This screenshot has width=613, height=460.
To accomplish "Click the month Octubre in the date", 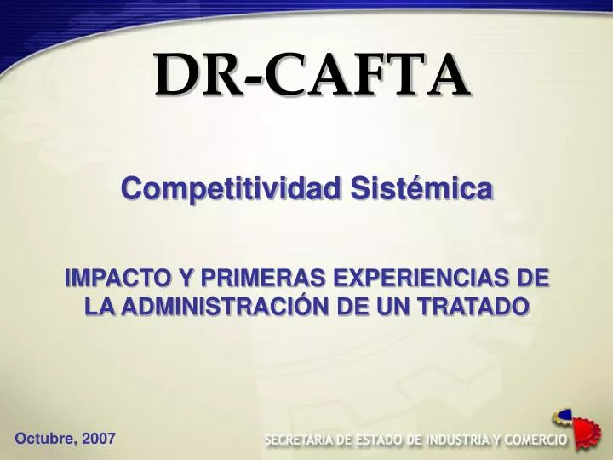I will pyautogui.click(x=43, y=439).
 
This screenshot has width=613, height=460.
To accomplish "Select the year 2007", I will pyautogui.click(x=99, y=439).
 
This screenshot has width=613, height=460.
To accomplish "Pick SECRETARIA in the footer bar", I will pyautogui.click(x=301, y=440).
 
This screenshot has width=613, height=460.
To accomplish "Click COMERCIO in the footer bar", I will pyautogui.click(x=536, y=440).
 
